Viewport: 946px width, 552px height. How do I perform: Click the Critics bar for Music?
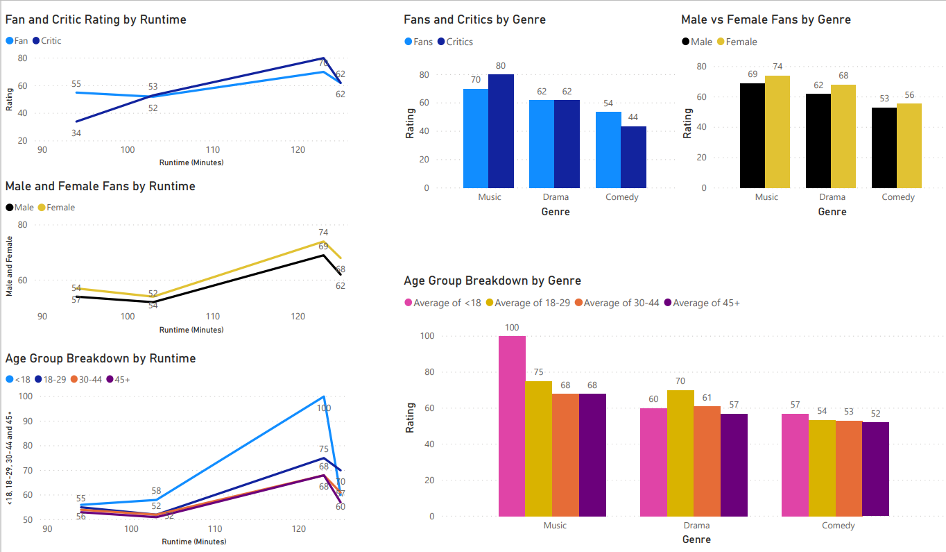pyautogui.click(x=501, y=131)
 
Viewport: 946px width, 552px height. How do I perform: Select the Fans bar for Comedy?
pyautogui.click(x=608, y=150)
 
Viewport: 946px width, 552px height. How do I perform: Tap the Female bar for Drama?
pyautogui.click(x=843, y=136)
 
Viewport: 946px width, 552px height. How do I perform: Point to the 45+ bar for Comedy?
pyautogui.click(x=875, y=469)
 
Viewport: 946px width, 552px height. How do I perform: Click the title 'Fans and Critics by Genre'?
pyautogui.click(x=474, y=19)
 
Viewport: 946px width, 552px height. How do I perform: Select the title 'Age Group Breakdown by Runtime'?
pyautogui.click(x=101, y=358)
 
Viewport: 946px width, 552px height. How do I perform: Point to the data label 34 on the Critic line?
pyautogui.click(x=76, y=133)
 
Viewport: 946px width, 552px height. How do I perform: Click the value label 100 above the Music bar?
pyautogui.click(x=512, y=327)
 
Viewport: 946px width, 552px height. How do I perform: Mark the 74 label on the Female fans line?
pyautogui.click(x=323, y=233)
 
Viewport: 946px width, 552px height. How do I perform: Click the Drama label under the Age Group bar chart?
pyautogui.click(x=696, y=526)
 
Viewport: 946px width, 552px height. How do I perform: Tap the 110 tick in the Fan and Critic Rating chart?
pyautogui.click(x=213, y=150)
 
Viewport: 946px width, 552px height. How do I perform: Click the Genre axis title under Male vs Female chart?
pyautogui.click(x=832, y=212)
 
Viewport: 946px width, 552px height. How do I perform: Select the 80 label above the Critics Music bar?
pyautogui.click(x=501, y=66)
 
